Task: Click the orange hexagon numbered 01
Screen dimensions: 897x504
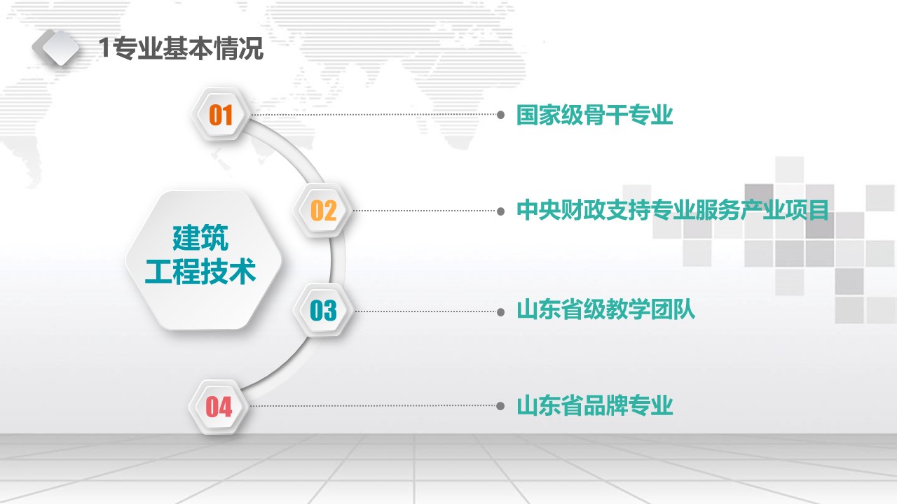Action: pos(221,115)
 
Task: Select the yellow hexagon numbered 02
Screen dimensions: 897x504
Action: pos(323,211)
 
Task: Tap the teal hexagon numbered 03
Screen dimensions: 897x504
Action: pos(323,310)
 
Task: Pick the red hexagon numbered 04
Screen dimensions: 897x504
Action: pos(219,407)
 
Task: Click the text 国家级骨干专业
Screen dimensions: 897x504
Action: pos(595,115)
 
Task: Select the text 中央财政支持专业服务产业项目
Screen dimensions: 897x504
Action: pos(673,211)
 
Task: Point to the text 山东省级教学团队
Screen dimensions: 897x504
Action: pos(606,310)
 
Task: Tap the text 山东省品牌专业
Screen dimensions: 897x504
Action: pos(595,405)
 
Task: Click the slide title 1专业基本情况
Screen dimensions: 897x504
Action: pos(181,48)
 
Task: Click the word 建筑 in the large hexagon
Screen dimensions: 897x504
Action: pos(200,238)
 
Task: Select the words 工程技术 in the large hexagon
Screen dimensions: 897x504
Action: pos(200,272)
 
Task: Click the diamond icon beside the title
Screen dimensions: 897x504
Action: pos(56,47)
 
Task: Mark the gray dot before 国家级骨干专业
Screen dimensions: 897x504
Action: pos(500,115)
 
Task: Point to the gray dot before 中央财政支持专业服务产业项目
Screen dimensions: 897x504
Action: pos(500,211)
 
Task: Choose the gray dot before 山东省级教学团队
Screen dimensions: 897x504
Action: pos(500,312)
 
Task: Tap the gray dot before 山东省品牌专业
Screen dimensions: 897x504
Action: pos(500,406)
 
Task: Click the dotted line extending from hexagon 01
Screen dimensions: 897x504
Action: pos(374,115)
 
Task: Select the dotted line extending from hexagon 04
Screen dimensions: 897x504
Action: pos(372,406)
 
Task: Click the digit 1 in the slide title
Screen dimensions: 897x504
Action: pos(104,48)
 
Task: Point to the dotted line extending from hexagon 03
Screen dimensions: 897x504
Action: pos(425,311)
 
